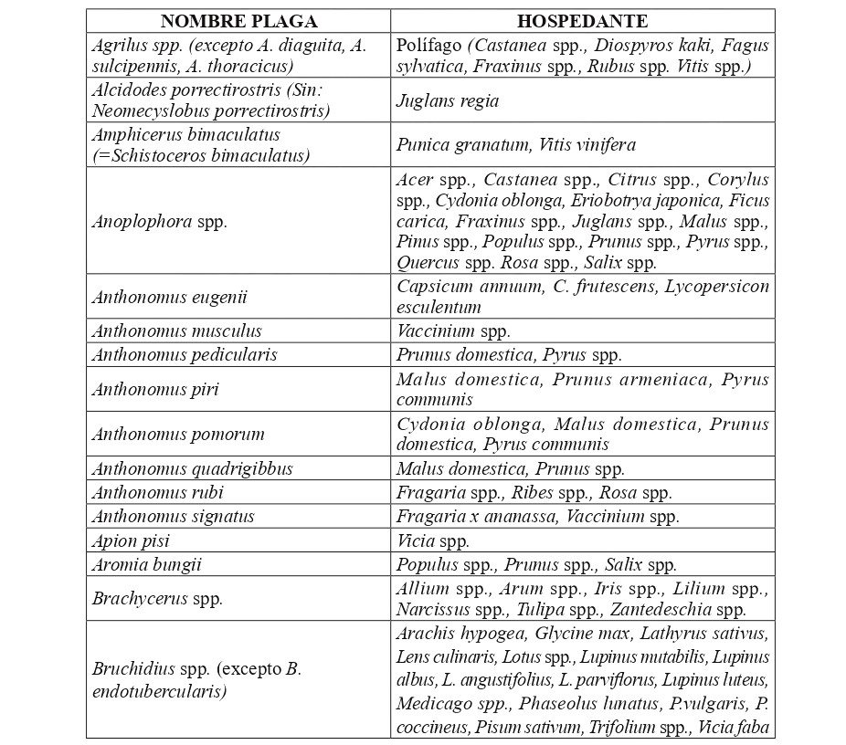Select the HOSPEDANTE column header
click(x=582, y=21)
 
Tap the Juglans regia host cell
click(x=448, y=101)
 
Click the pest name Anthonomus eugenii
click(x=170, y=297)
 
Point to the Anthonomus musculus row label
click(x=177, y=331)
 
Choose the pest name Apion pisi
click(x=131, y=540)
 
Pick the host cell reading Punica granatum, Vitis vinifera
click(x=516, y=145)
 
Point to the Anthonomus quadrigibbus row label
click(x=193, y=469)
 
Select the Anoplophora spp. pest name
click(x=160, y=221)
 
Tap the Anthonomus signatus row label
click(x=174, y=517)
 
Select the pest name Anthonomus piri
click(x=155, y=390)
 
